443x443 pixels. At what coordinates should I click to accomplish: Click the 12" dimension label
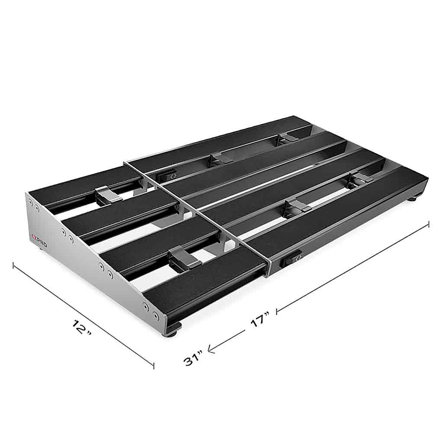(x=81, y=327)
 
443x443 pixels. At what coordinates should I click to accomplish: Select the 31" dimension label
(x=193, y=358)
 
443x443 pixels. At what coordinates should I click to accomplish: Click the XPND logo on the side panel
(x=39, y=237)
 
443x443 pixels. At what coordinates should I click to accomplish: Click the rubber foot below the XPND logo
(x=43, y=249)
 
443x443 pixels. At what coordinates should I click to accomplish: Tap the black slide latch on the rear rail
(x=167, y=176)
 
